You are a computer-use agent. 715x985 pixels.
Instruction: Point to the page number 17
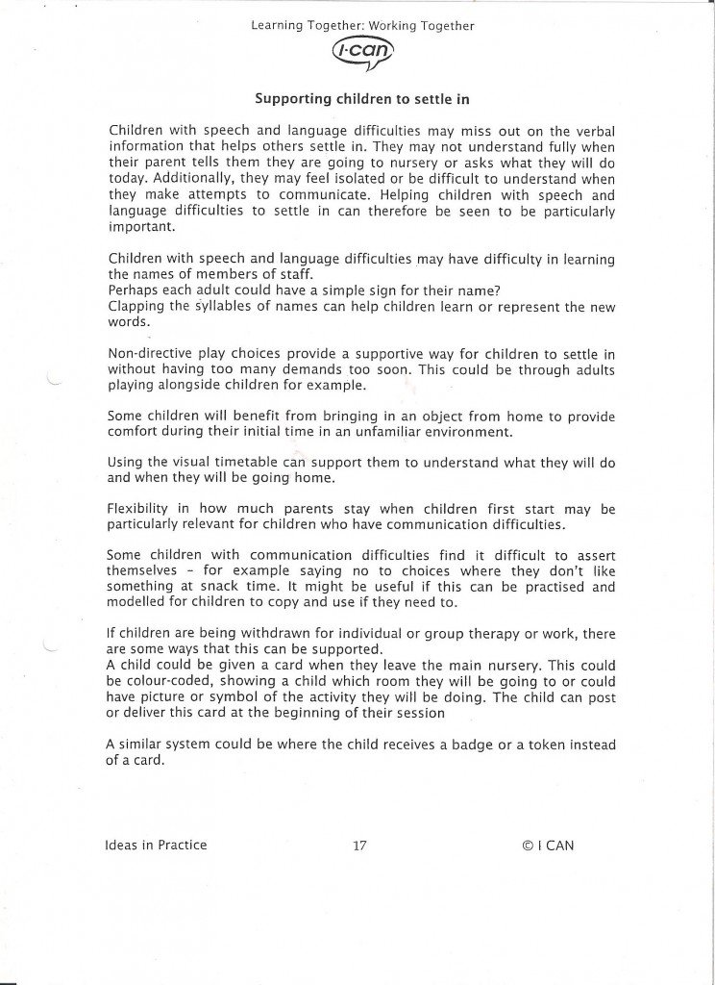[359, 846]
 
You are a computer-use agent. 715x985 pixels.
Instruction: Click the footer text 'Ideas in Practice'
[156, 846]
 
